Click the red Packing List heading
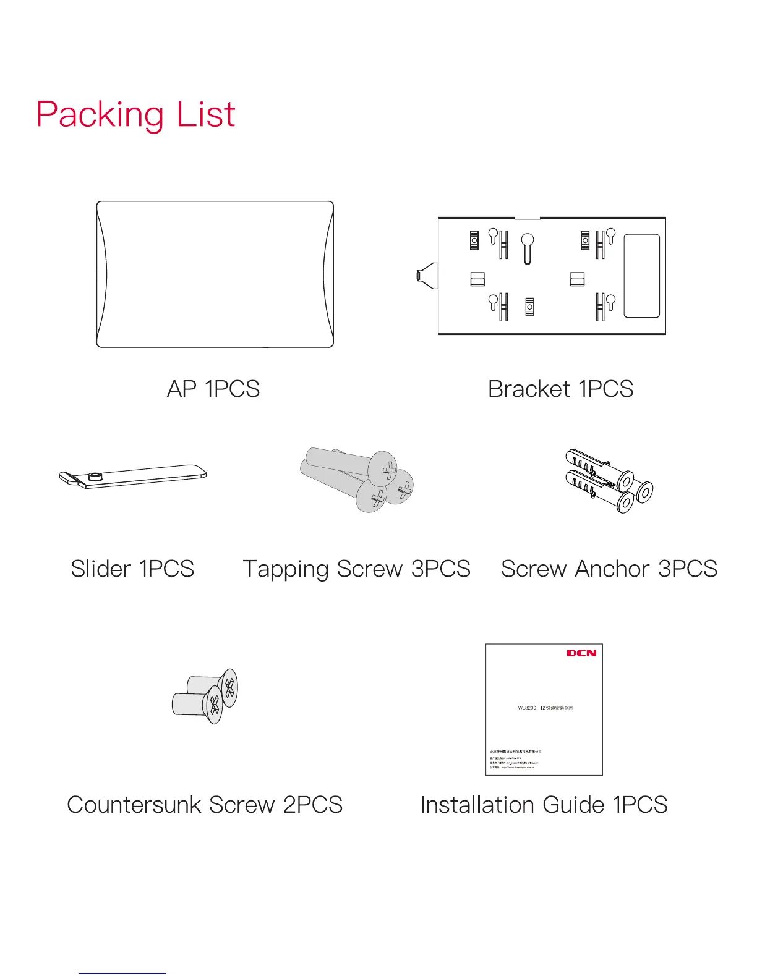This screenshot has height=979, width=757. point(135,115)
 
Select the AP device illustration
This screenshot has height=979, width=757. point(215,274)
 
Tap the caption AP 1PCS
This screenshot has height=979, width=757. point(213,389)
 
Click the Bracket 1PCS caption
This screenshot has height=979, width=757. point(560,389)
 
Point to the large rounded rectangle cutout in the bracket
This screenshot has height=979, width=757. point(641,276)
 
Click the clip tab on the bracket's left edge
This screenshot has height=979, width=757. point(427,275)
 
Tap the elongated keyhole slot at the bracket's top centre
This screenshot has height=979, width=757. point(528,248)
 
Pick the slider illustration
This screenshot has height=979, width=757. point(132,477)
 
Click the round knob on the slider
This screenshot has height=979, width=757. point(95,476)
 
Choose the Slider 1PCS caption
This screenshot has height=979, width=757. point(132,569)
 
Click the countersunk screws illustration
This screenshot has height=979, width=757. point(205,696)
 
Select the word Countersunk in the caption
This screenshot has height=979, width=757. point(134,805)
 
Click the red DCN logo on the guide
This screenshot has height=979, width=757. point(581,653)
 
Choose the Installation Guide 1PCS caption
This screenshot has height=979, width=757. point(544,805)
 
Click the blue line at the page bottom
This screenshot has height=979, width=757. point(122,974)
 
